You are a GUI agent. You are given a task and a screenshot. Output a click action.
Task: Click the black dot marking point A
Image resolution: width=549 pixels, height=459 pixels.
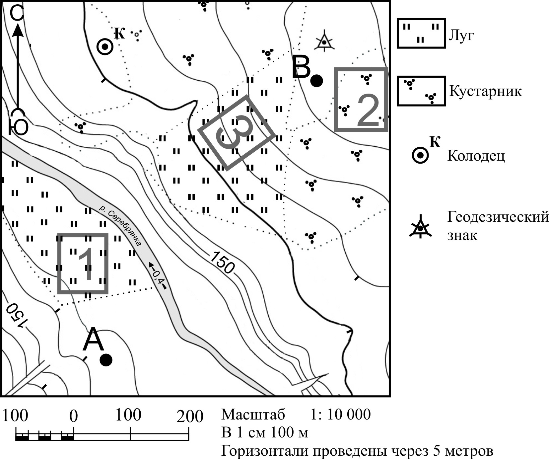point(106,360)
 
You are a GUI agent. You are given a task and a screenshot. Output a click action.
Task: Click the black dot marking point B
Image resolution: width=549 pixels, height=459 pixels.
point(316,81)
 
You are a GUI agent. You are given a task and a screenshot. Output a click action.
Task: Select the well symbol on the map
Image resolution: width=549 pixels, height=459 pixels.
point(105,47)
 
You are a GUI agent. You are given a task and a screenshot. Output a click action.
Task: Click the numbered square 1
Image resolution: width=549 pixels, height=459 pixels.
point(83,264)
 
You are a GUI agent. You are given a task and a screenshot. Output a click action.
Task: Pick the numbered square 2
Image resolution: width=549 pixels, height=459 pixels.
point(361,100)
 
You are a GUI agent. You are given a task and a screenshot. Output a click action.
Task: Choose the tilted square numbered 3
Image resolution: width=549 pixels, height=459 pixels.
point(237,133)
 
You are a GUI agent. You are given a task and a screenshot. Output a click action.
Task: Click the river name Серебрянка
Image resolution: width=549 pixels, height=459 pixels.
point(120,226)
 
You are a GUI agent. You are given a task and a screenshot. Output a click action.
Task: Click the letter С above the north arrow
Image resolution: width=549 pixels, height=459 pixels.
point(17,14)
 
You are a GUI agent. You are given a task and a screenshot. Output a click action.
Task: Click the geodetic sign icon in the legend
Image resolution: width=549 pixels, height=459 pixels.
point(420,227)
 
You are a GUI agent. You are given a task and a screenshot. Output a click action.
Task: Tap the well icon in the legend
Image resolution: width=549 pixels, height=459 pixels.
point(420,155)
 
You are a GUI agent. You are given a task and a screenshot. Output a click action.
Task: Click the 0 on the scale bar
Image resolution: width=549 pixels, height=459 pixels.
point(73,416)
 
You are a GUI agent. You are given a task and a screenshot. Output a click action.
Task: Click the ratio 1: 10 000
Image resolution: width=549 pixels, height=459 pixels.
point(340,415)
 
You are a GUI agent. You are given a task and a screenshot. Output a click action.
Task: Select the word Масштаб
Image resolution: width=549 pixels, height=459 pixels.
point(253,415)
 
